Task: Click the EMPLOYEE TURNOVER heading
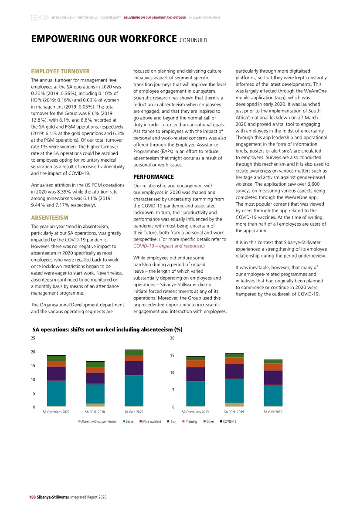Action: pos(60,71)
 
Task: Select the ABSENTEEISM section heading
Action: pos(49,217)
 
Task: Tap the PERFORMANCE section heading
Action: pos(153,177)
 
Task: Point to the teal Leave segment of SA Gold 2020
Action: pos(134,390)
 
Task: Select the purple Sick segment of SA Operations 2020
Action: pos(56,373)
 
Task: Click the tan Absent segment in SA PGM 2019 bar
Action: pos(234,404)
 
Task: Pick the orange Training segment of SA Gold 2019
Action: pos(273,367)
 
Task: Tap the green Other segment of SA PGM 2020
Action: pos(95,364)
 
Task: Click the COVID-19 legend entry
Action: pos(228,421)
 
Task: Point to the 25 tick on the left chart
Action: pos(33,338)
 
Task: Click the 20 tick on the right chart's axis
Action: pos(172,338)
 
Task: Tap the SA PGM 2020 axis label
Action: pos(95,411)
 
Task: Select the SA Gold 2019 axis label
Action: pos(273,411)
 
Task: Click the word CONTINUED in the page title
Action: pos(193,41)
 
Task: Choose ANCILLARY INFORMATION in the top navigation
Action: pos(205,18)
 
